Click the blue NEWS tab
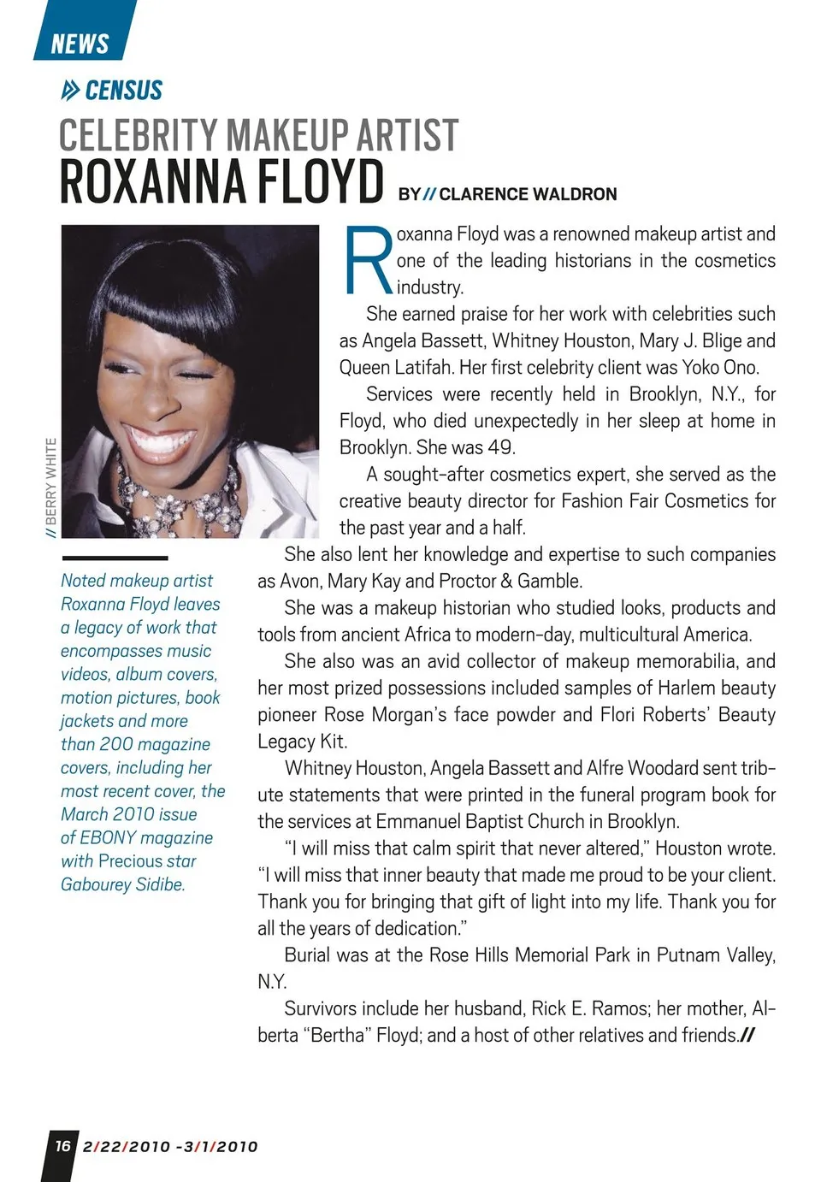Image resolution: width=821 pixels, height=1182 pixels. (x=80, y=43)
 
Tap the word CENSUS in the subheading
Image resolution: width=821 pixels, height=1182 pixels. (x=123, y=91)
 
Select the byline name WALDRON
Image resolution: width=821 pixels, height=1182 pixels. (x=571, y=194)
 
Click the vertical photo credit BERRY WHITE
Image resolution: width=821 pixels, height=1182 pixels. (x=51, y=484)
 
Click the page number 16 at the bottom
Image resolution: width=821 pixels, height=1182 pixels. (x=62, y=1145)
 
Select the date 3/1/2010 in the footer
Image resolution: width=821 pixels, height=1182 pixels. (x=221, y=1147)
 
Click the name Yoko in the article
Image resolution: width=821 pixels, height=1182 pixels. (x=701, y=368)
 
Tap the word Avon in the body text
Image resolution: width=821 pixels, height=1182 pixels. (x=300, y=582)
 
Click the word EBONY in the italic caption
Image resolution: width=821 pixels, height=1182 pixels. (x=108, y=838)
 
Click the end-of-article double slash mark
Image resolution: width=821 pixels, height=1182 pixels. (x=747, y=1036)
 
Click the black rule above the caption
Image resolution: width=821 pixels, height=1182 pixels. (x=115, y=558)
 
